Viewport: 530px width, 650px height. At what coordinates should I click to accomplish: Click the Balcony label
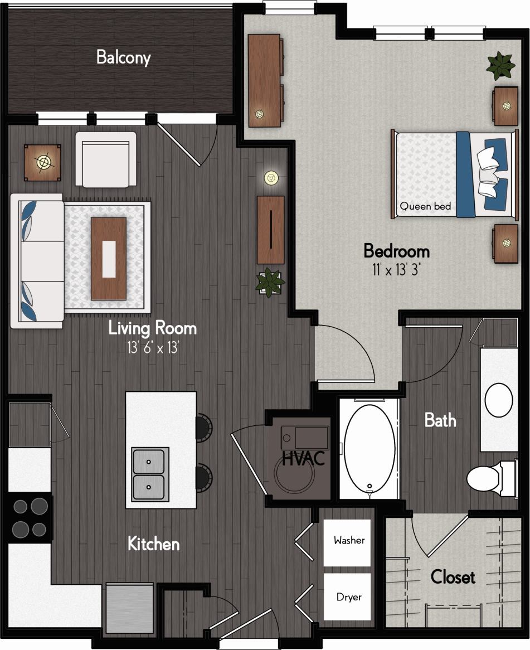(123, 57)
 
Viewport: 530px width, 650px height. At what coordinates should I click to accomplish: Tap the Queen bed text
(425, 207)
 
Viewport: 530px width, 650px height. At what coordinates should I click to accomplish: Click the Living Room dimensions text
(152, 348)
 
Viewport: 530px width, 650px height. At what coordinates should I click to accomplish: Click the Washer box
(349, 540)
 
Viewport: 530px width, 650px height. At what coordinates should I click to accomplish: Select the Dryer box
(348, 597)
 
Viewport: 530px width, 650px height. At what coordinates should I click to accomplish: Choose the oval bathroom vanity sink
(499, 399)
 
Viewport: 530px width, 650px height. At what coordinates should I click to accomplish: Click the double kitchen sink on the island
(150, 473)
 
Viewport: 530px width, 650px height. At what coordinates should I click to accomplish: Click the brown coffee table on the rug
(109, 258)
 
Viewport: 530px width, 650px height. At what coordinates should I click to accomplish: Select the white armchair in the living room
(106, 159)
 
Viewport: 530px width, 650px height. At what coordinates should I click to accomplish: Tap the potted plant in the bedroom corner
(500, 66)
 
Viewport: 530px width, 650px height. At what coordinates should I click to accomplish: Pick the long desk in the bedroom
(264, 77)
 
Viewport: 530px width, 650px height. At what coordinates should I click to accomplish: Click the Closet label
(453, 578)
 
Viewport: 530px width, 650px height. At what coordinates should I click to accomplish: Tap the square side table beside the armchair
(42, 162)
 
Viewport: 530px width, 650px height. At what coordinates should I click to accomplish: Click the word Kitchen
(153, 544)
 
